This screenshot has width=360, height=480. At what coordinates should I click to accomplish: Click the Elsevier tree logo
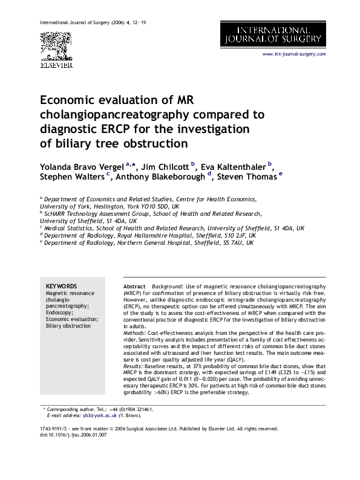click(56, 46)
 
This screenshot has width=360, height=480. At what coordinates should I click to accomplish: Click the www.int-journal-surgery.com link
click(293, 54)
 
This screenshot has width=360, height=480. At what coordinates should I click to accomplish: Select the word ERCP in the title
click(116, 129)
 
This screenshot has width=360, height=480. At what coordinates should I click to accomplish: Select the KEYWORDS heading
click(62, 286)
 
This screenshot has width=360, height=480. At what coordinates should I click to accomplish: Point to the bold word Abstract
click(134, 286)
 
